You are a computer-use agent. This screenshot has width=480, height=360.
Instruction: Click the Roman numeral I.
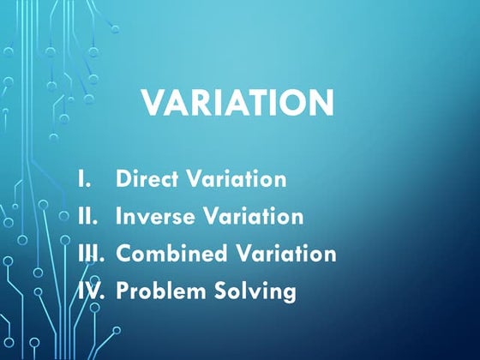click(x=83, y=180)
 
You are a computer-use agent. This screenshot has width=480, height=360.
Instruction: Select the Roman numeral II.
click(x=87, y=217)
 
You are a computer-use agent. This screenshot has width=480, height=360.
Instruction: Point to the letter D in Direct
click(x=122, y=180)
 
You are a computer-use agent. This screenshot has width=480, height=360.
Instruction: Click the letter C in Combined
click(x=123, y=255)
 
